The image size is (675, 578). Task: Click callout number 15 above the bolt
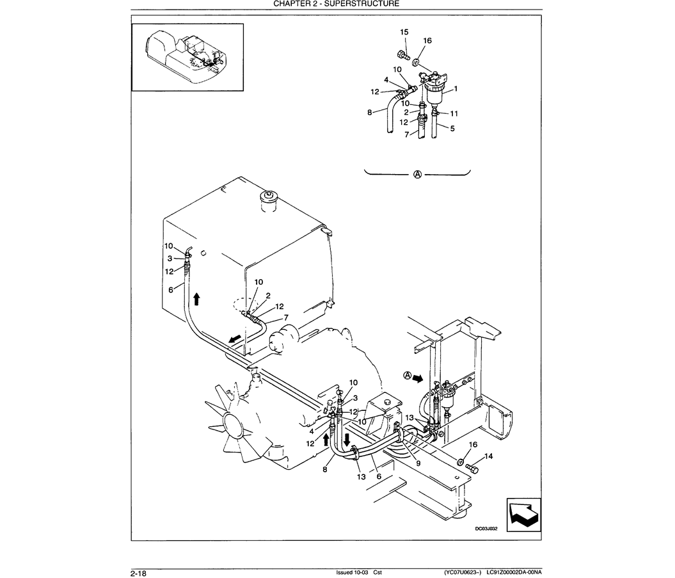pos(404,32)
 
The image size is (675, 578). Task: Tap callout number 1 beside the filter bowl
pos(456,89)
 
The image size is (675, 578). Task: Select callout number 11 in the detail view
pos(454,114)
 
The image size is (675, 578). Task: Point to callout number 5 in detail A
pos(452,129)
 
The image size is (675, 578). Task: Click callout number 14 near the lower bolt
pos(488,456)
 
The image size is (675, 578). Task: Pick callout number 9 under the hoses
pos(418,464)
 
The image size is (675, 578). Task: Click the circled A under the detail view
pos(417,174)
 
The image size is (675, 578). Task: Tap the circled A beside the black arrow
pos(407,376)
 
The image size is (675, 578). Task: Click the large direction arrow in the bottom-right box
pos(523,514)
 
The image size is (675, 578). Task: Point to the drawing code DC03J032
pos(486,529)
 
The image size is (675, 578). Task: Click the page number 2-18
pos(139,574)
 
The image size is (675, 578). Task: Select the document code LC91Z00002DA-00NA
pos(514,572)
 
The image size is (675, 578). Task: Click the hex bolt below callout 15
pos(404,56)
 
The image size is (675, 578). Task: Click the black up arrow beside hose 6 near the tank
pos(196,298)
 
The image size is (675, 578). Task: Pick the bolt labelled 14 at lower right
pos(473,468)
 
